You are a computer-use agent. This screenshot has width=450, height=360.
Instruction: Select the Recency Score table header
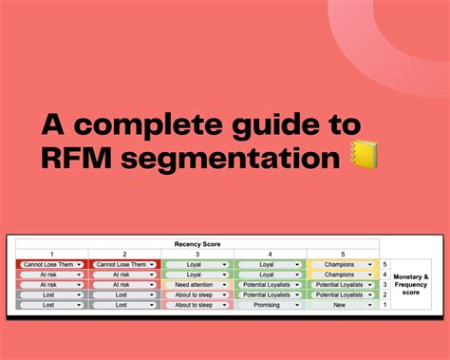[x=197, y=244]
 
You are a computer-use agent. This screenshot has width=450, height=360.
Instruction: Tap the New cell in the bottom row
[x=339, y=304]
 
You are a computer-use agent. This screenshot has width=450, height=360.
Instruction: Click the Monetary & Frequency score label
[x=411, y=284]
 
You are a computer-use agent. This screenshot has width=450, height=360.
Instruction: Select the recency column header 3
[x=197, y=254]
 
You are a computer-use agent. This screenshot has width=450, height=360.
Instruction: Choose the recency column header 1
[x=52, y=254]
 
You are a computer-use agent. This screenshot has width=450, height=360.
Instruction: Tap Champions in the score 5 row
[x=339, y=264]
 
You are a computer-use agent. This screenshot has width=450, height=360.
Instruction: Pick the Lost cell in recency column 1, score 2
[x=48, y=294]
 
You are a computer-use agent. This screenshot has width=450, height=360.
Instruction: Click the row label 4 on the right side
[x=384, y=275]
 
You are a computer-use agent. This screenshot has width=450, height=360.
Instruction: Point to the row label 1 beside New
[x=384, y=304]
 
